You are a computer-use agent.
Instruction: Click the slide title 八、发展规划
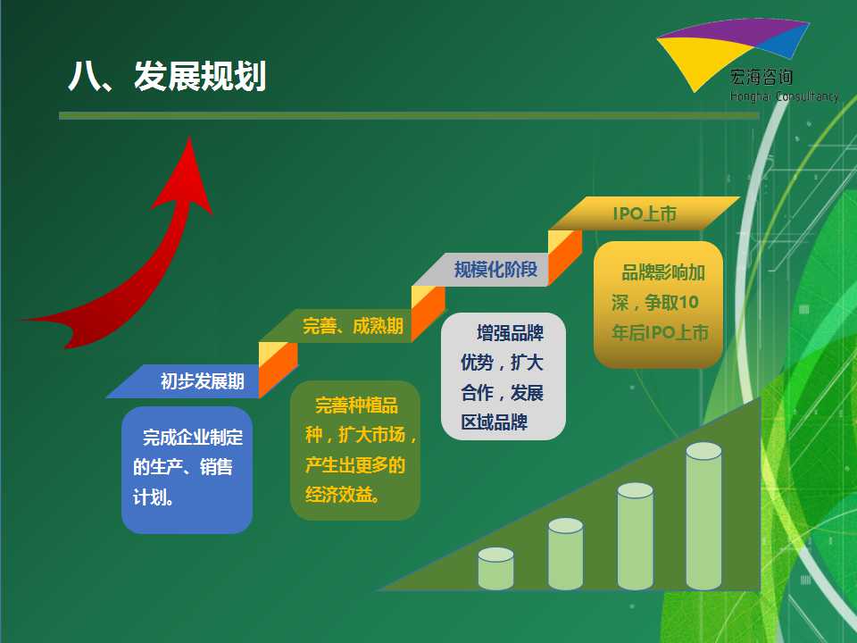tap(167, 75)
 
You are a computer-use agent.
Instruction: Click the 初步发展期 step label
tap(203, 381)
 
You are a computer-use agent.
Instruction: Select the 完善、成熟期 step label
tap(354, 326)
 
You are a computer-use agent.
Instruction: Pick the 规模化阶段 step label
tap(495, 269)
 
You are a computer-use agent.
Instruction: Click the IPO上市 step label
tap(645, 213)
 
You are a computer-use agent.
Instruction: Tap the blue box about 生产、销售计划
tap(187, 470)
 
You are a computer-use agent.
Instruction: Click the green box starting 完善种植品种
tap(355, 450)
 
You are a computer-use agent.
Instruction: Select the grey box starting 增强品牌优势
tap(503, 376)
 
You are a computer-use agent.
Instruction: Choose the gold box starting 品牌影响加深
tap(659, 304)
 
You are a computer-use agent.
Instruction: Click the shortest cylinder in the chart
tap(495, 569)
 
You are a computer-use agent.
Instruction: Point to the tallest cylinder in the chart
tap(704, 516)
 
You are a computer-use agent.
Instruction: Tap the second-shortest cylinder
tap(566, 554)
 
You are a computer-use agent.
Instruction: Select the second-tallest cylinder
tap(635, 537)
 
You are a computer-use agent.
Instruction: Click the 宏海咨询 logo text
tap(761, 77)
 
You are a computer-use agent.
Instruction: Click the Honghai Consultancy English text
tap(785, 96)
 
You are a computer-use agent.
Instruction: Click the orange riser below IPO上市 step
tap(565, 257)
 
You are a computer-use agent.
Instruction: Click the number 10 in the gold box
tap(688, 303)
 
